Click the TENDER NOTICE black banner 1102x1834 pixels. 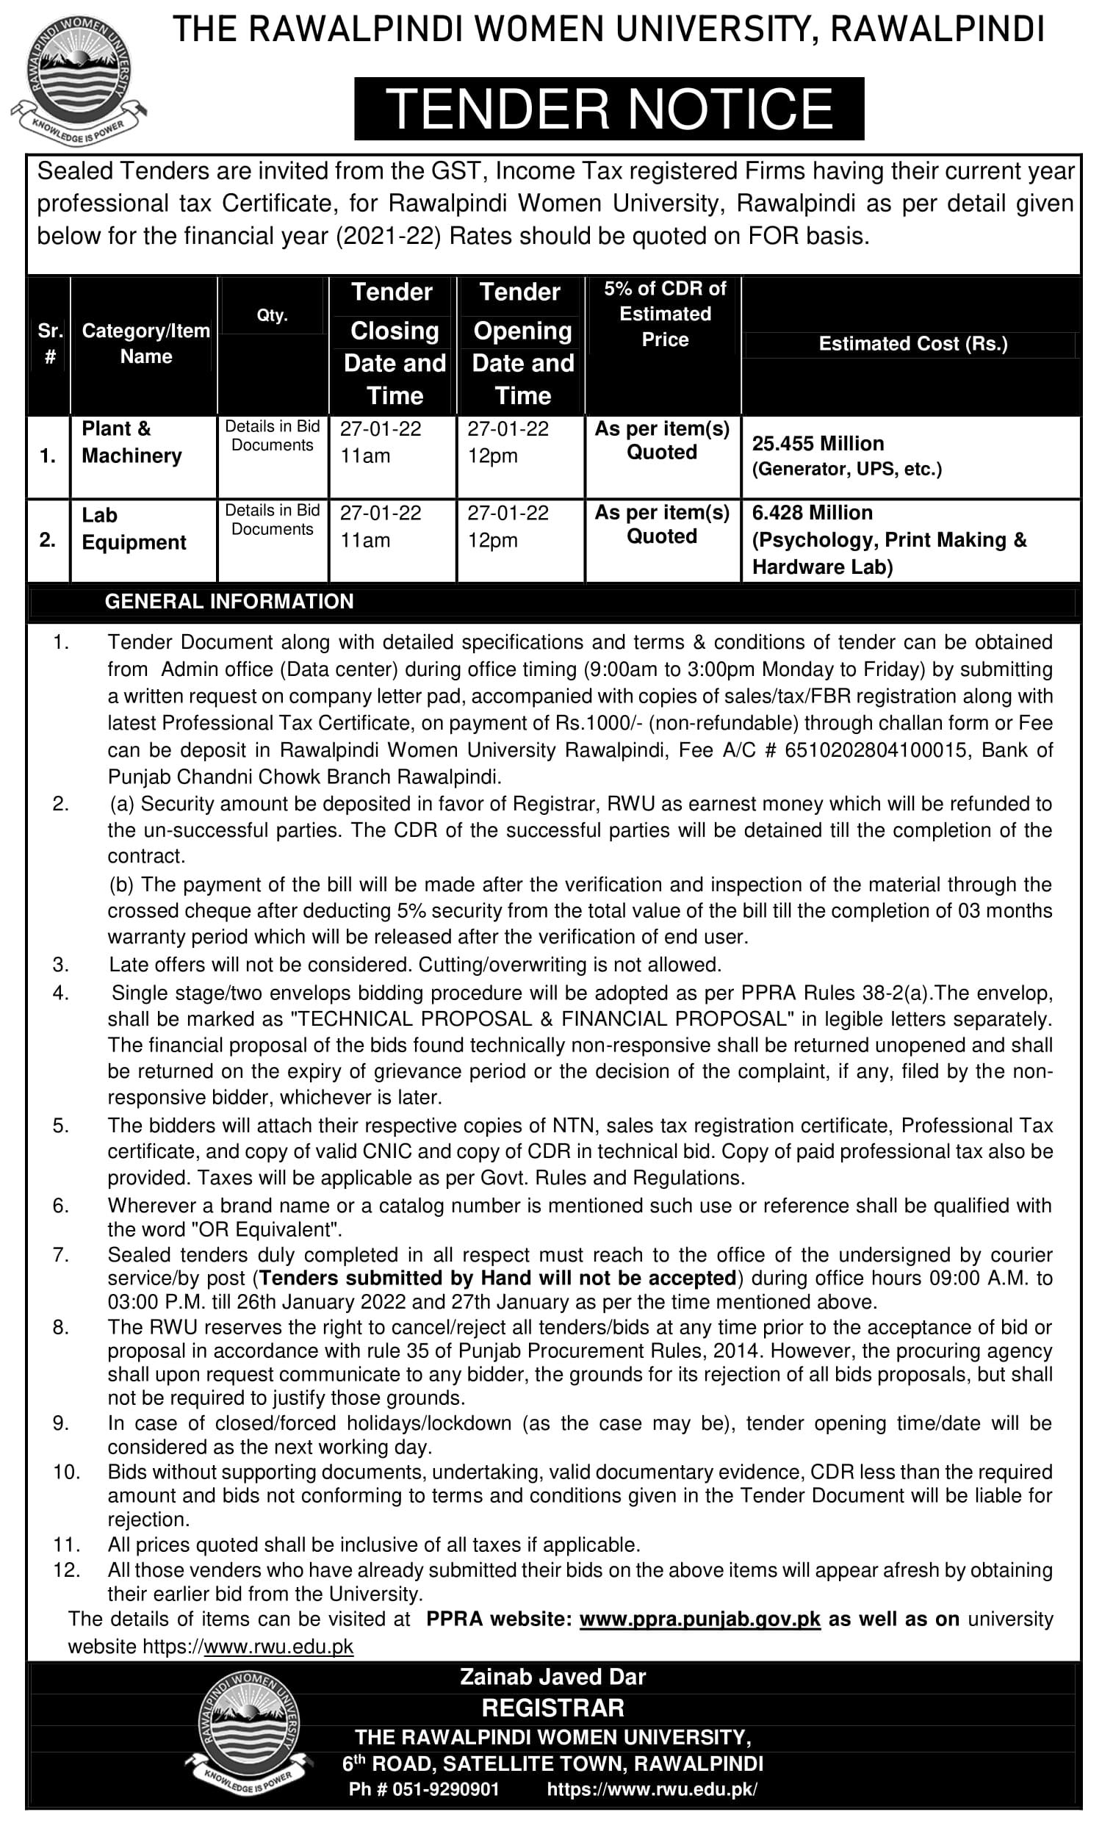[609, 109]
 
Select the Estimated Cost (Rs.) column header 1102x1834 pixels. [912, 344]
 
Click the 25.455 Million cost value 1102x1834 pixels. [818, 443]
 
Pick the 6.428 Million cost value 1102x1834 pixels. [812, 512]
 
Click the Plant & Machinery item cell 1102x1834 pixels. [132, 442]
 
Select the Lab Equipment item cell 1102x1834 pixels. [134, 528]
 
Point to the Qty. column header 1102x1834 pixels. [272, 314]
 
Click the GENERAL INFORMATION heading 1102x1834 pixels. [229, 602]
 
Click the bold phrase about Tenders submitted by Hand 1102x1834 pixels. [497, 1278]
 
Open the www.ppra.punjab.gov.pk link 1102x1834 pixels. [699, 1619]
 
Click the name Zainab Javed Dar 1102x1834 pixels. [552, 1677]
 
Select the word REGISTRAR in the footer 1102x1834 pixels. [552, 1708]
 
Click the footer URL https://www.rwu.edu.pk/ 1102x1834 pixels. [652, 1789]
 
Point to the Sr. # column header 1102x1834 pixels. [50, 344]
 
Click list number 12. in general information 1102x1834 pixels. [66, 1570]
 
